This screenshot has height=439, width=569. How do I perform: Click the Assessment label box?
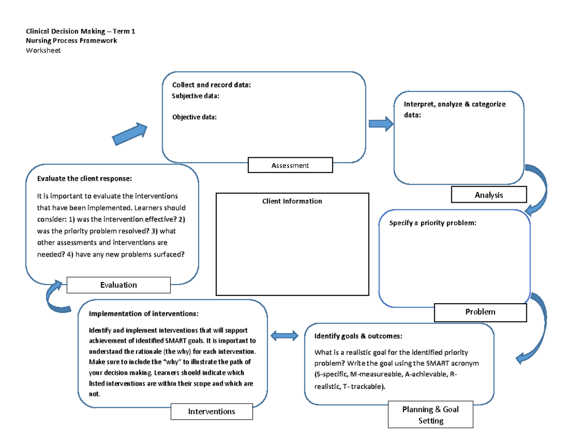coord(290,166)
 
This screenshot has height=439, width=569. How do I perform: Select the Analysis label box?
coord(488,195)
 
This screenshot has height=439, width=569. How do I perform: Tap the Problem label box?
coord(480,312)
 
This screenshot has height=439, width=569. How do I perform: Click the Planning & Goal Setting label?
coord(430,414)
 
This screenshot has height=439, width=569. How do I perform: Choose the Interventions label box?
coord(211,412)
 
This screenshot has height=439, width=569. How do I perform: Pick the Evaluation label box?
coord(119,285)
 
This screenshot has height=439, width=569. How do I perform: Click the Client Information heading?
coord(292,201)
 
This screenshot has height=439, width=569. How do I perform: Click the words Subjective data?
coord(195,96)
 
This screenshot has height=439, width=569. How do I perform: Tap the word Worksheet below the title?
coord(43,50)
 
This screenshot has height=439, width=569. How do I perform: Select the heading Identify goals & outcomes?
coord(358,336)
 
